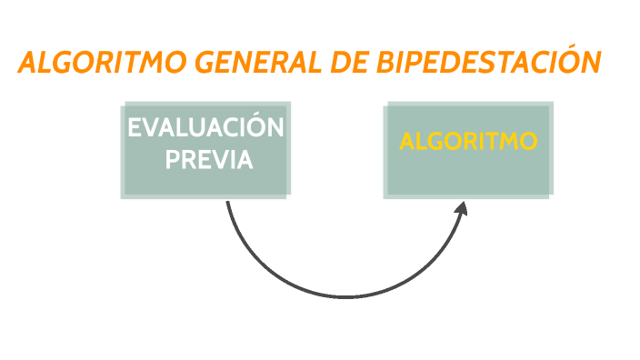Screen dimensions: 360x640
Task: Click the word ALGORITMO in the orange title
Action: pyautogui.click(x=101, y=64)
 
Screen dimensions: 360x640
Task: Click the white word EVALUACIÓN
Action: pyautogui.click(x=205, y=129)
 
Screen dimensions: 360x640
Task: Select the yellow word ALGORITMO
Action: pyautogui.click(x=469, y=143)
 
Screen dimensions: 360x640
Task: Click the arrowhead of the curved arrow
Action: pyautogui.click(x=462, y=209)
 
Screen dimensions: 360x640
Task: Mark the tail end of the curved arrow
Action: pyautogui.click(x=227, y=203)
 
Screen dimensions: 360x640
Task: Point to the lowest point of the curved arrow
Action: pyautogui.click(x=346, y=297)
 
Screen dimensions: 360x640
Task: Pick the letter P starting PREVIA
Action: pyautogui.click(x=171, y=160)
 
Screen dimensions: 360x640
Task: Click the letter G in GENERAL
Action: pyautogui.click(x=207, y=64)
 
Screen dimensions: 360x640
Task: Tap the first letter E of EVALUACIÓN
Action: pyautogui.click(x=135, y=129)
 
